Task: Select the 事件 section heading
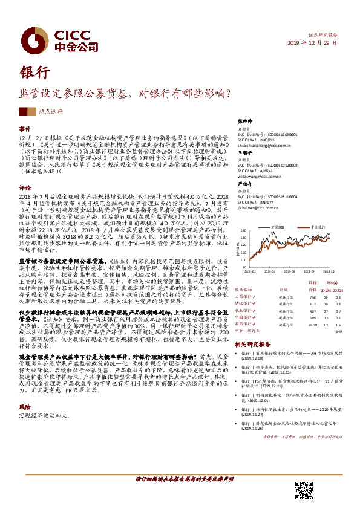pyautogui.click(x=24, y=129)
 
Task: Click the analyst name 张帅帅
pyautogui.click(x=244, y=121)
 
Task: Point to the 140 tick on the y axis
pyautogui.click(x=243, y=230)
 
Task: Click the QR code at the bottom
pyautogui.click(x=303, y=490)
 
